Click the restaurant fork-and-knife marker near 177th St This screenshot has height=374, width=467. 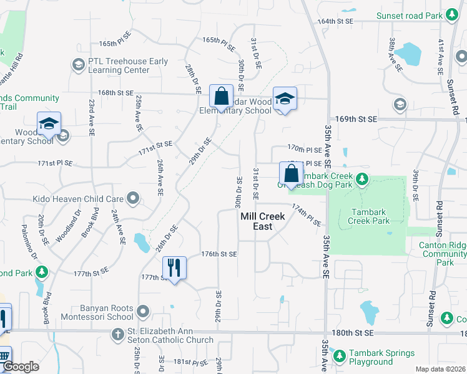174,269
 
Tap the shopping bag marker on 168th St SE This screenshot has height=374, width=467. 221,97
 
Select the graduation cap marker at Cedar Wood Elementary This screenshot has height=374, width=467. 285,98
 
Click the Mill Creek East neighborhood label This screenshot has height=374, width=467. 263,221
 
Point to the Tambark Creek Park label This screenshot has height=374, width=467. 370,216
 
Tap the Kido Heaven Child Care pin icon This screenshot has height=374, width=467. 132,199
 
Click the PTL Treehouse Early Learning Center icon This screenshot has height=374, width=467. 78,65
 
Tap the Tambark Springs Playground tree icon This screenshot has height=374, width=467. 339,357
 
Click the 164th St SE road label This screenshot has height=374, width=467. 335,21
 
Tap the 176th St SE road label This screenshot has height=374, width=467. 219,254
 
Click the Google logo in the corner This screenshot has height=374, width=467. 21,367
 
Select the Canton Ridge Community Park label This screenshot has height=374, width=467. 445,254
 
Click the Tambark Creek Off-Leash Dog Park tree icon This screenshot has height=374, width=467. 361,181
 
